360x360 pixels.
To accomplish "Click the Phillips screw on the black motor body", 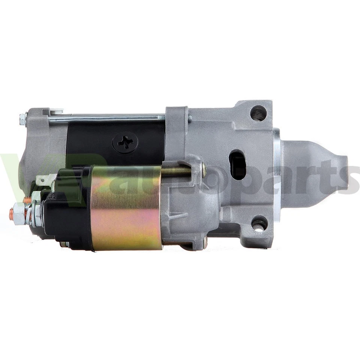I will tap(125, 142).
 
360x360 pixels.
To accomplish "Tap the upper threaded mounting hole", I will tap(258, 113).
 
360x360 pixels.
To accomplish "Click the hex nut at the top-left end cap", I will tap(22, 119).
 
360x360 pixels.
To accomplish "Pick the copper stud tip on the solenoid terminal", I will tap(11, 214).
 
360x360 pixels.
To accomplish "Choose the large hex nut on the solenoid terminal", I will tap(19, 213).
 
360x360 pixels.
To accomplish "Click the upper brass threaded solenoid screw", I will tap(176, 171).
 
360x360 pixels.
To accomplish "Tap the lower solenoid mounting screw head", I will tap(205, 243).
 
